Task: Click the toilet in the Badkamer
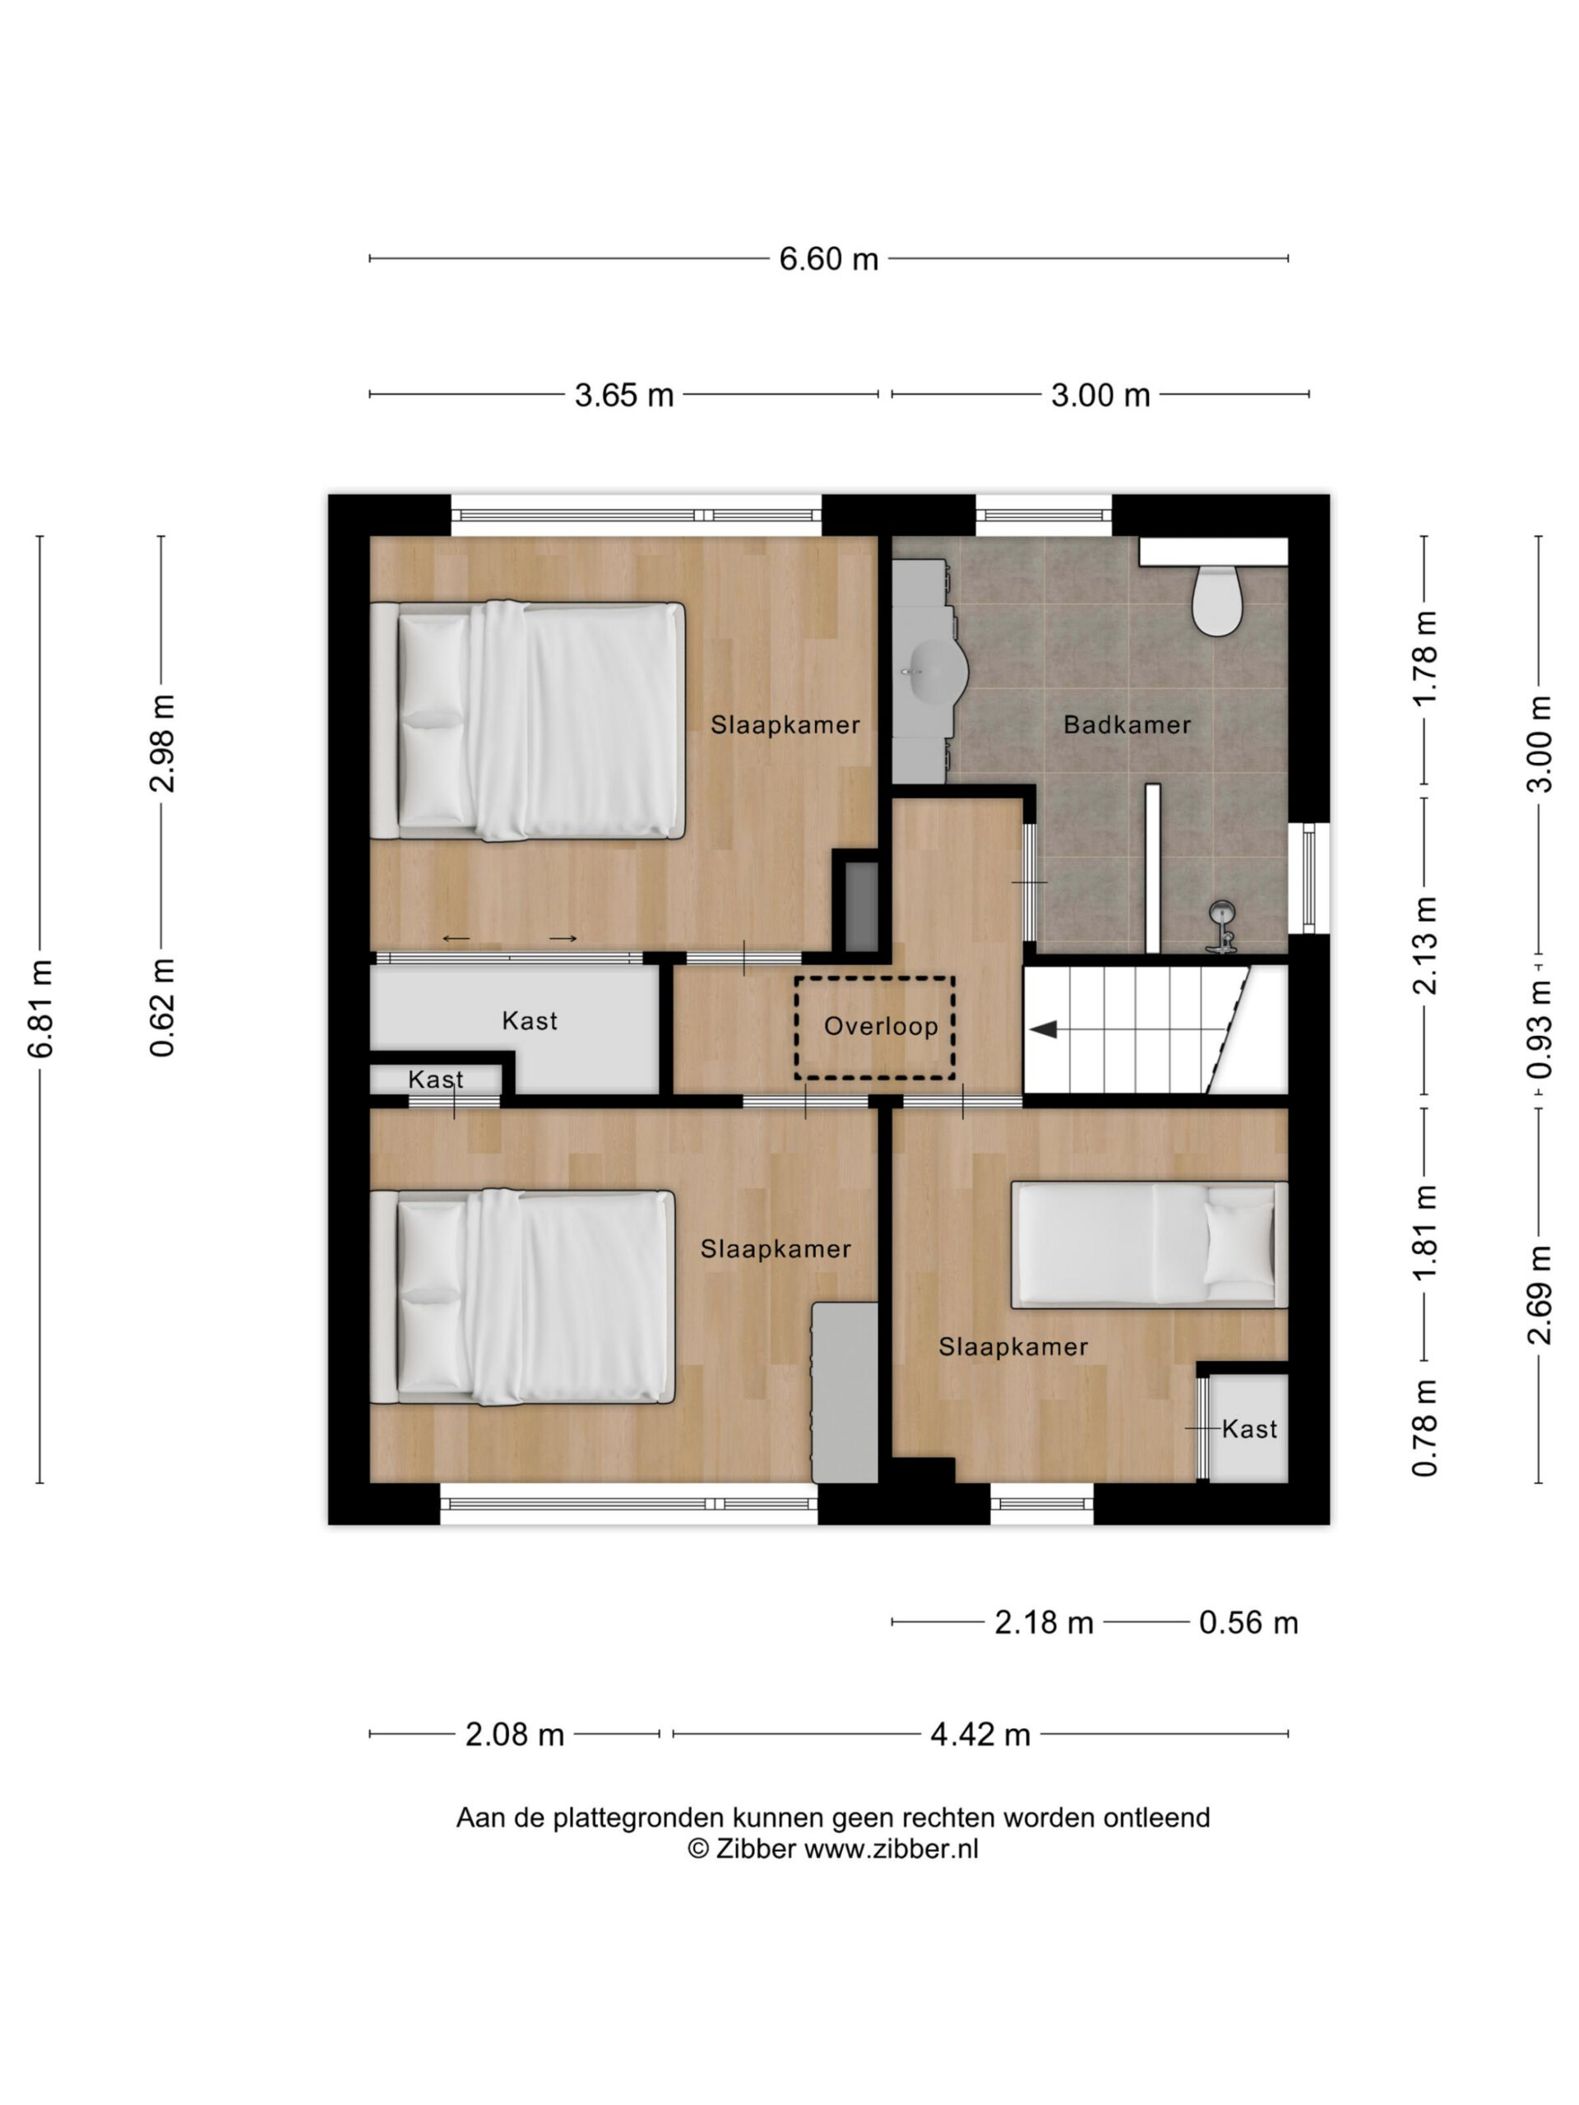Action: [x=1217, y=599]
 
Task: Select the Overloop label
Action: [x=881, y=1026]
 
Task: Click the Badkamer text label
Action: [x=1127, y=725]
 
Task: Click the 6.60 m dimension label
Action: [x=828, y=258]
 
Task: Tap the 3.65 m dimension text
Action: [x=623, y=394]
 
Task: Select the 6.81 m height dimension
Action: [x=40, y=1009]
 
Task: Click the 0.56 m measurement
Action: [x=1248, y=1622]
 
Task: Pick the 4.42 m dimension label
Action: [x=980, y=1735]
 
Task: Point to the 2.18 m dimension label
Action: [x=1044, y=1622]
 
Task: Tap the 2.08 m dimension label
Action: [x=514, y=1735]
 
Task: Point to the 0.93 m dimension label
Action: [x=1538, y=1029]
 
